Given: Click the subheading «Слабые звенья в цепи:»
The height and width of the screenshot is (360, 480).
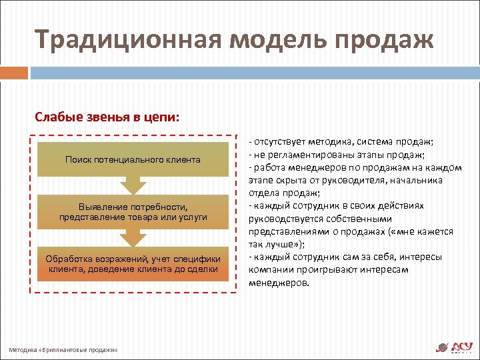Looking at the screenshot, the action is click(x=107, y=117).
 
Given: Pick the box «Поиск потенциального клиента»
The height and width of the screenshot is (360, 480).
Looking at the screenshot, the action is click(x=133, y=160).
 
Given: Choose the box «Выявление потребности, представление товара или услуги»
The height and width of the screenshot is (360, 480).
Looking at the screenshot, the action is click(x=133, y=212).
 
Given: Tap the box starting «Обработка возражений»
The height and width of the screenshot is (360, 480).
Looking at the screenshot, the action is click(x=133, y=264).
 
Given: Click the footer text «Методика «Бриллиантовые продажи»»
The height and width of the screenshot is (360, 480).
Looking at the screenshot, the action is click(x=63, y=349).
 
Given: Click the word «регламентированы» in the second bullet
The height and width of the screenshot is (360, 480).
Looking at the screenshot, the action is click(x=304, y=155).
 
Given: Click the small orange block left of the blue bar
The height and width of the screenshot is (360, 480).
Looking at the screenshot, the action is click(x=15, y=73).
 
